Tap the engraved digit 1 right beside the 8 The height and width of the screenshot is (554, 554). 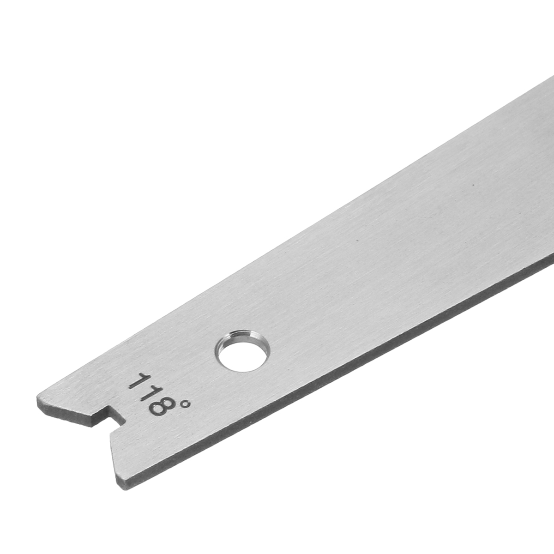[147, 392]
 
